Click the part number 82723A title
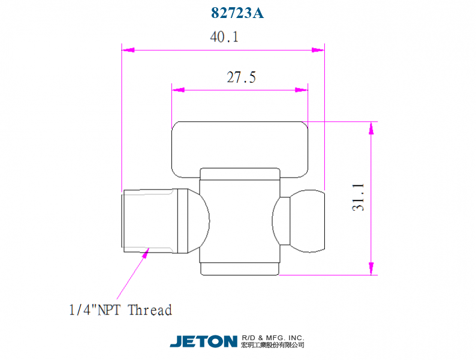237,13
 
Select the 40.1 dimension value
224,37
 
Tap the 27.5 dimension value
242,77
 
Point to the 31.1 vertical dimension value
358,197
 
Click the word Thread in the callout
150,310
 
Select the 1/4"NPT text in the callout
95,310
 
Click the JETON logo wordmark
203,341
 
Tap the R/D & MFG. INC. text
273,338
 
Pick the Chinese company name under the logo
273,345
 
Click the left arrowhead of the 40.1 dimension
128,50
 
